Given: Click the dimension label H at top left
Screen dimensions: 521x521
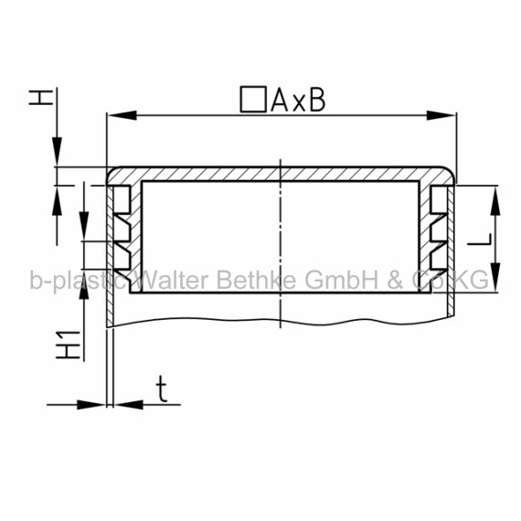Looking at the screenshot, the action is (41, 98).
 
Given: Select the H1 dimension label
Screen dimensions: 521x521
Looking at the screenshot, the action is (69, 345).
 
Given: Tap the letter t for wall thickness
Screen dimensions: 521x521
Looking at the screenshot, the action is (162, 388).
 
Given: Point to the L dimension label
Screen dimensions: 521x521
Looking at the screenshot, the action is (480, 239).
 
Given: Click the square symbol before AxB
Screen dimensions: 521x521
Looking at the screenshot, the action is (253, 99).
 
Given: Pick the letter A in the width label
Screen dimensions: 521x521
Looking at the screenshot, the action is (280, 101).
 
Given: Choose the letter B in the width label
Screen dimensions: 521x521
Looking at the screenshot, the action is (317, 101).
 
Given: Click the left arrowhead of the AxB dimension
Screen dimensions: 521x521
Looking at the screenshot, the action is (122, 116).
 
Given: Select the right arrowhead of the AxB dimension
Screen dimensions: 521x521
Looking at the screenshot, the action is (441, 116).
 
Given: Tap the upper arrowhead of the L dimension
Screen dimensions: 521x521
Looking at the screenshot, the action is (495, 201).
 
